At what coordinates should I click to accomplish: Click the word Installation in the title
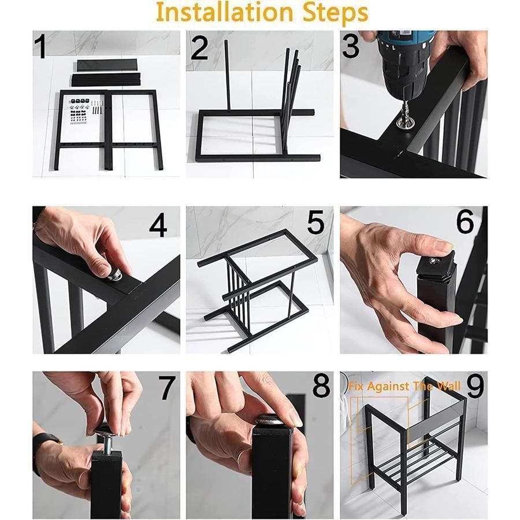coord(224,13)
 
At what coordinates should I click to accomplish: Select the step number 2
coord(199,48)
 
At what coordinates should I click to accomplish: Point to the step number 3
coord(351,46)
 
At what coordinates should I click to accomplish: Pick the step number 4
coord(158,226)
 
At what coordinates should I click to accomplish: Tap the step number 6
coord(465,222)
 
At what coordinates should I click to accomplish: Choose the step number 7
coord(167,388)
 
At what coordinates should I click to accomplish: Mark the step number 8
coord(321,386)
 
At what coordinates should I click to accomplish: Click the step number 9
coord(476,386)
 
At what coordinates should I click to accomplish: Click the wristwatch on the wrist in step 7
coord(46,448)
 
